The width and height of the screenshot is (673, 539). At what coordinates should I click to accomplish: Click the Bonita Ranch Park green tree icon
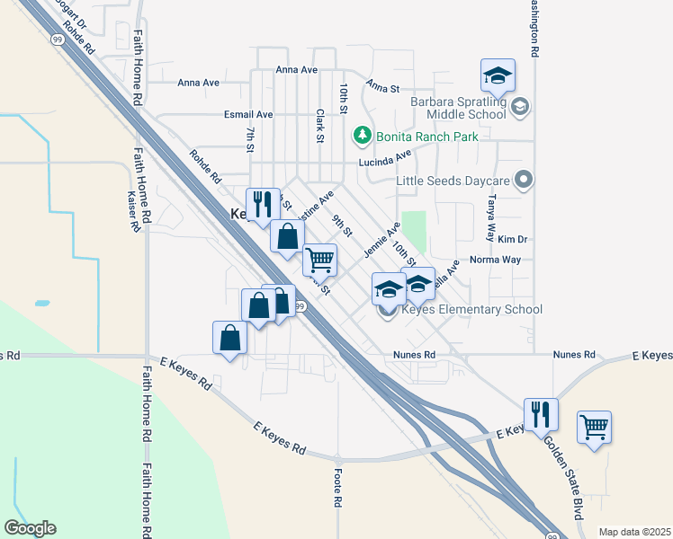(x=362, y=136)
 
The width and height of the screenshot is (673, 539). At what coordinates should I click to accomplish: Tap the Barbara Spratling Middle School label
(x=459, y=108)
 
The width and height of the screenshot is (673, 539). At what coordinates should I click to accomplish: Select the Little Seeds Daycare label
(x=453, y=181)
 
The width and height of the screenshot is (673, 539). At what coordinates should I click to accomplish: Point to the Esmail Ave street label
(x=248, y=115)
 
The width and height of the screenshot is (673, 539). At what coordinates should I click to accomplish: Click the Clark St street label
(x=320, y=127)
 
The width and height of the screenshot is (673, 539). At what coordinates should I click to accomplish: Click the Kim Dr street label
(x=511, y=240)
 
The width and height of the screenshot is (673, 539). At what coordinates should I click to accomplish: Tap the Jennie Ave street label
(x=381, y=240)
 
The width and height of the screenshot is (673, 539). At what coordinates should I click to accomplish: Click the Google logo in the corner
(x=30, y=528)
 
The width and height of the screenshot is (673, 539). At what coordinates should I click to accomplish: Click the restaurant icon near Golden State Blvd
(x=541, y=414)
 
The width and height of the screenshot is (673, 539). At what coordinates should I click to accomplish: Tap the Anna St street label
(x=381, y=87)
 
